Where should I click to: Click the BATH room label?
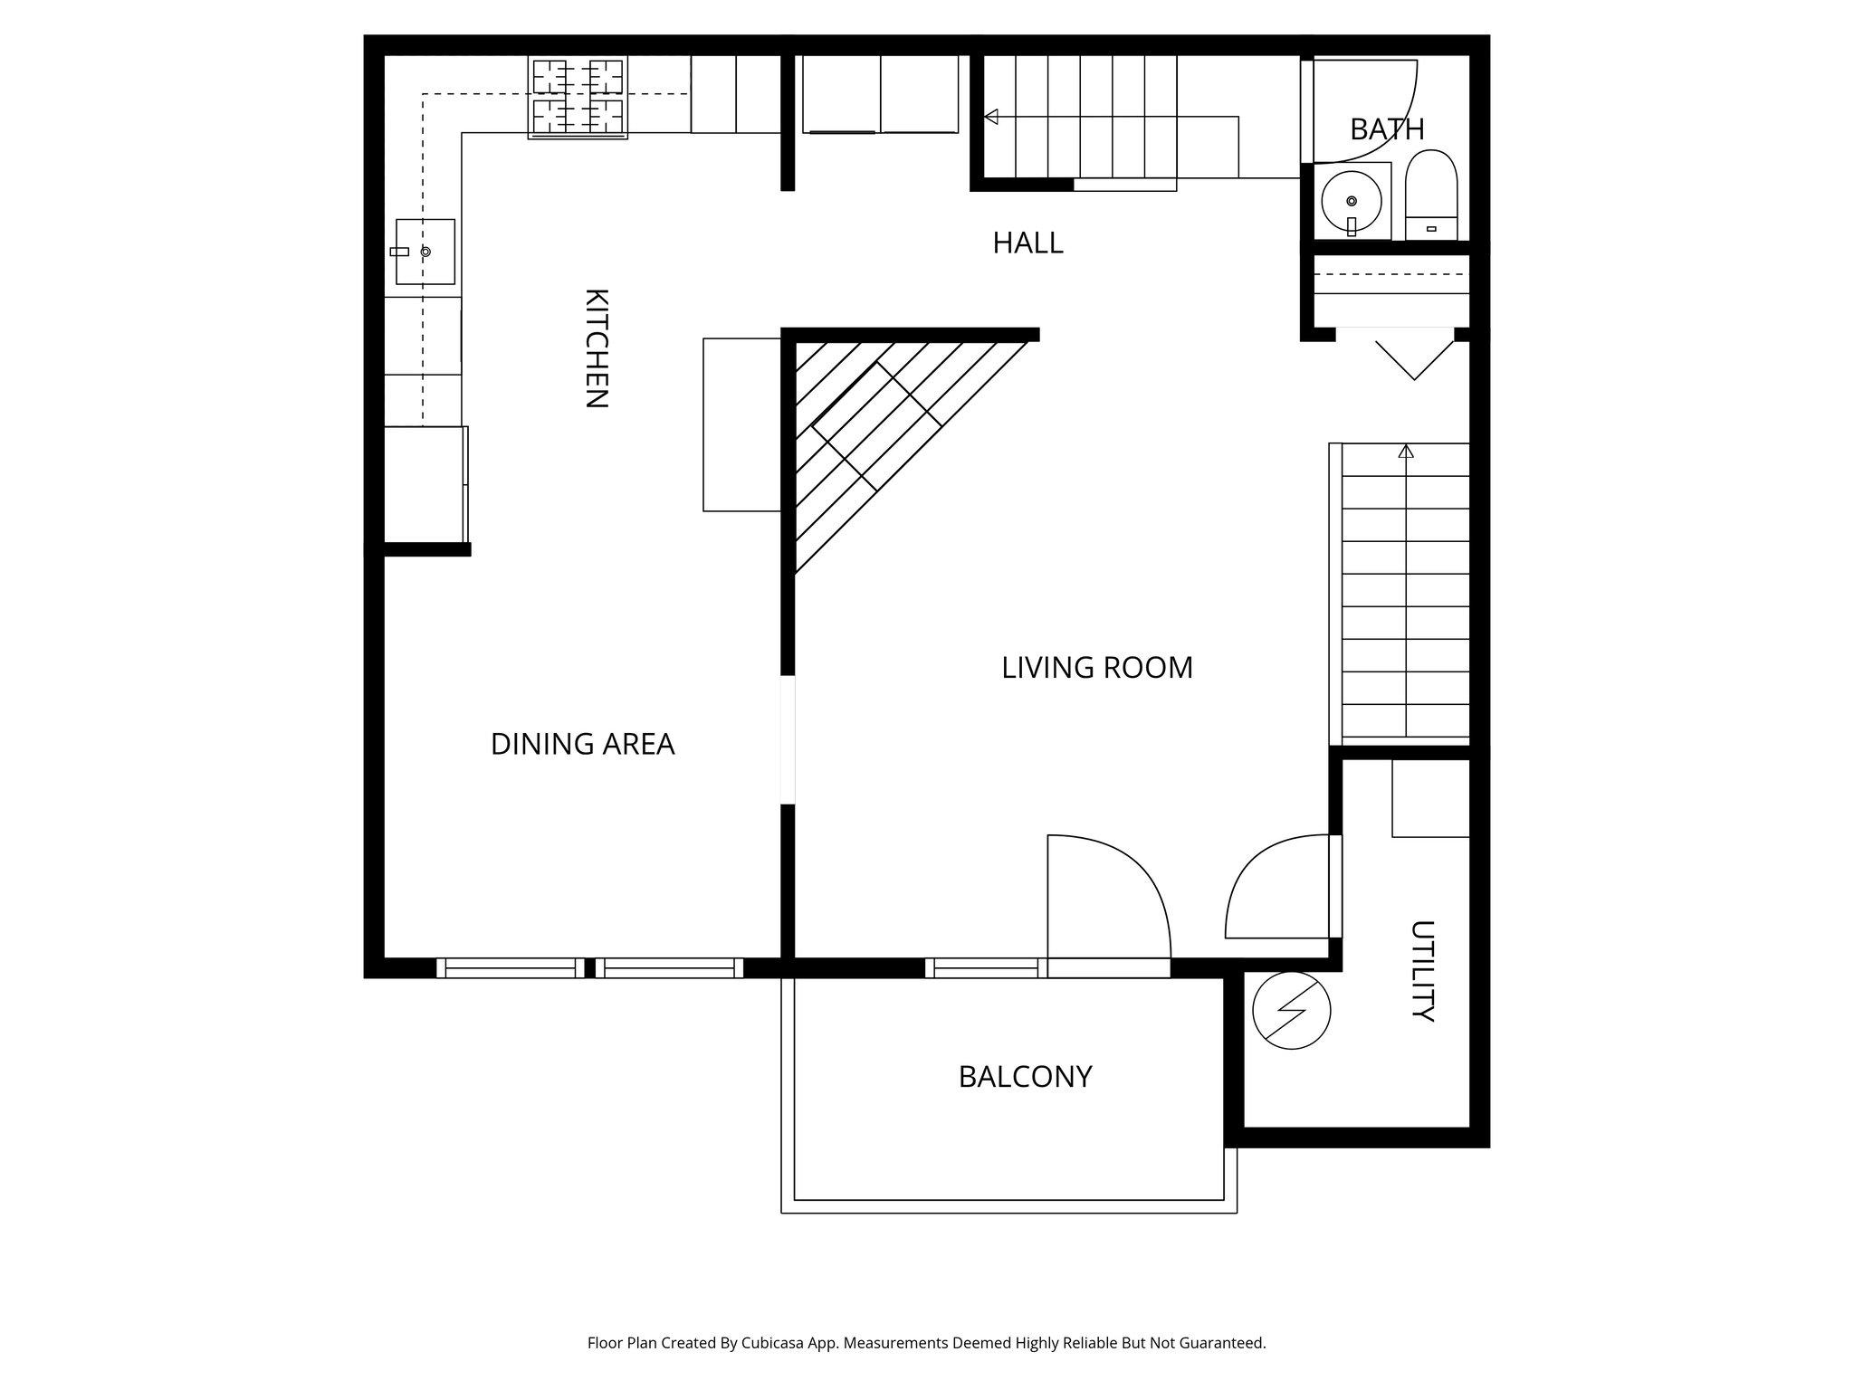click(1387, 129)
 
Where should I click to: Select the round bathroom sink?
click(1351, 201)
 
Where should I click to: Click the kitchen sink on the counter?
click(425, 252)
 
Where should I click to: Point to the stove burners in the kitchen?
click(578, 98)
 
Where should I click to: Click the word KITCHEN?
click(596, 348)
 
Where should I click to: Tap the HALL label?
click(1027, 243)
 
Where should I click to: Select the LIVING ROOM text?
click(1097, 668)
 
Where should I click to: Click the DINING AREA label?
click(582, 744)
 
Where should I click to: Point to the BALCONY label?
click(1025, 1077)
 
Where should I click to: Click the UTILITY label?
click(1423, 970)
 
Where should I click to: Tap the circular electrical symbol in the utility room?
click(1292, 1011)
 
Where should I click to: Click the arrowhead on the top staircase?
click(991, 117)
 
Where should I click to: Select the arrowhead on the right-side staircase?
click(1406, 451)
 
